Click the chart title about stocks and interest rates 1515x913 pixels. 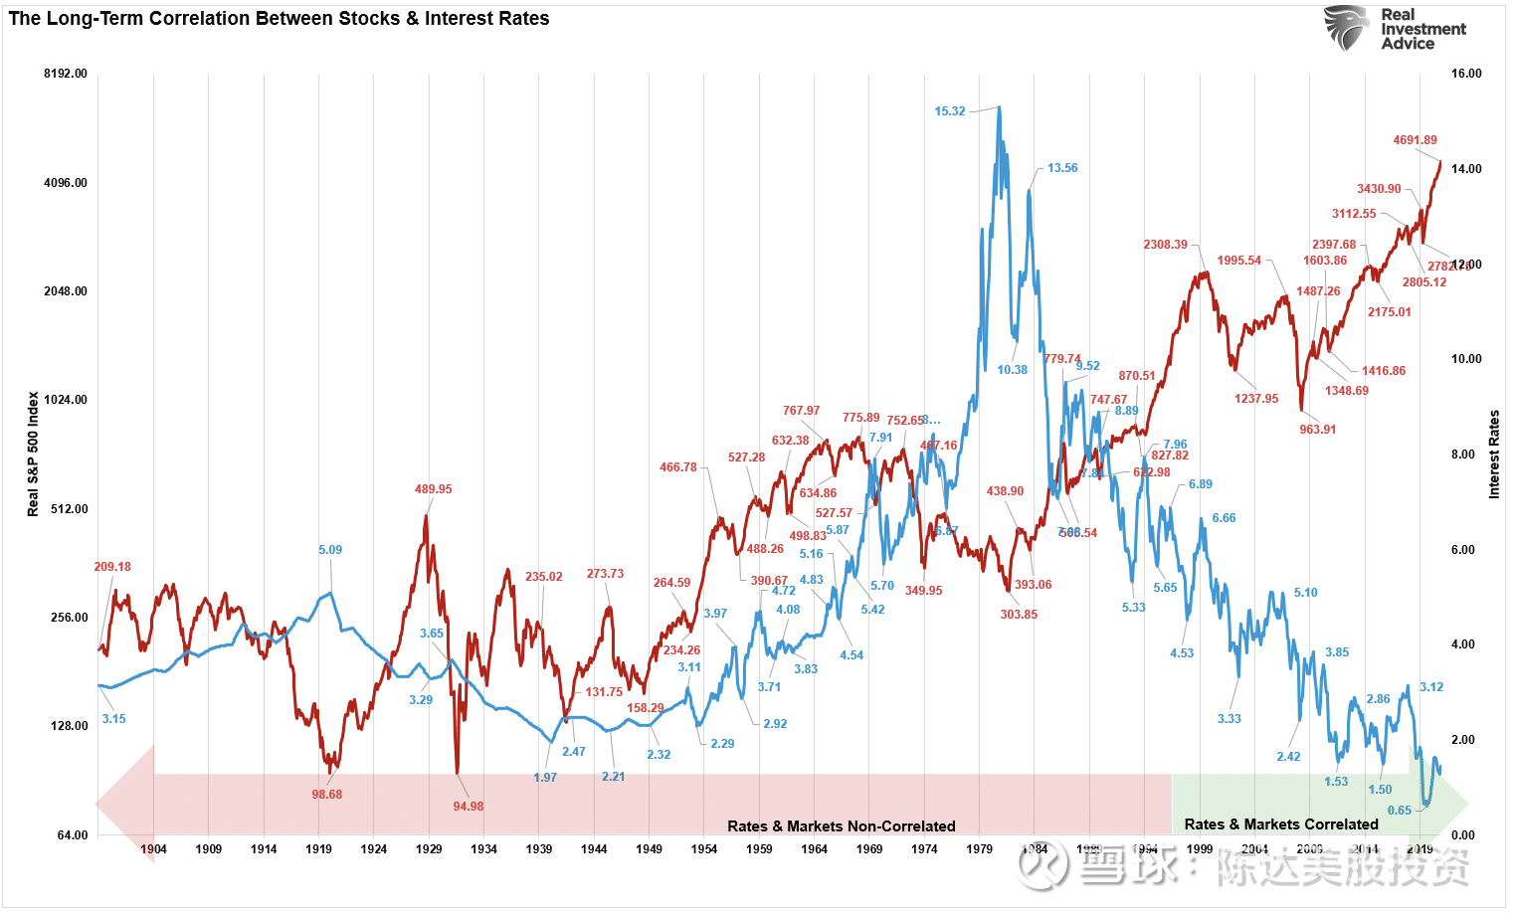coord(279,19)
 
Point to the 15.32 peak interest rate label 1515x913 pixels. coord(949,111)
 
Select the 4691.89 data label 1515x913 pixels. coord(1415,140)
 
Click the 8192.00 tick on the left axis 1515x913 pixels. coord(66,74)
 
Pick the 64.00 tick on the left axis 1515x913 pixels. coord(72,835)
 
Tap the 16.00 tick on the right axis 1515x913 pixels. coord(1466,74)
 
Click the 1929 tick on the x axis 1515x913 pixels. coord(429,849)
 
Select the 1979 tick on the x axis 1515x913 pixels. coord(979,849)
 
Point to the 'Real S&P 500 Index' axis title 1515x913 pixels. coord(33,454)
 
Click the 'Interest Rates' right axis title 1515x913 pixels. coord(1493,454)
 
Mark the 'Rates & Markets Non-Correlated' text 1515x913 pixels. coord(841,826)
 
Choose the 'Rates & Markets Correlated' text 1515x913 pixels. coord(1281,824)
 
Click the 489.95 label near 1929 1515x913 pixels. coord(433,489)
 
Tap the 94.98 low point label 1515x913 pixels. coord(468,807)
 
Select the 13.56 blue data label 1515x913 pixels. coord(1062,168)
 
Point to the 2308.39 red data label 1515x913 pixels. coord(1165,245)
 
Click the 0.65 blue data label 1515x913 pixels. coord(1399,811)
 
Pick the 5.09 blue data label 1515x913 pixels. coord(330,550)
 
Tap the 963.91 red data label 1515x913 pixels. coord(1317,430)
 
